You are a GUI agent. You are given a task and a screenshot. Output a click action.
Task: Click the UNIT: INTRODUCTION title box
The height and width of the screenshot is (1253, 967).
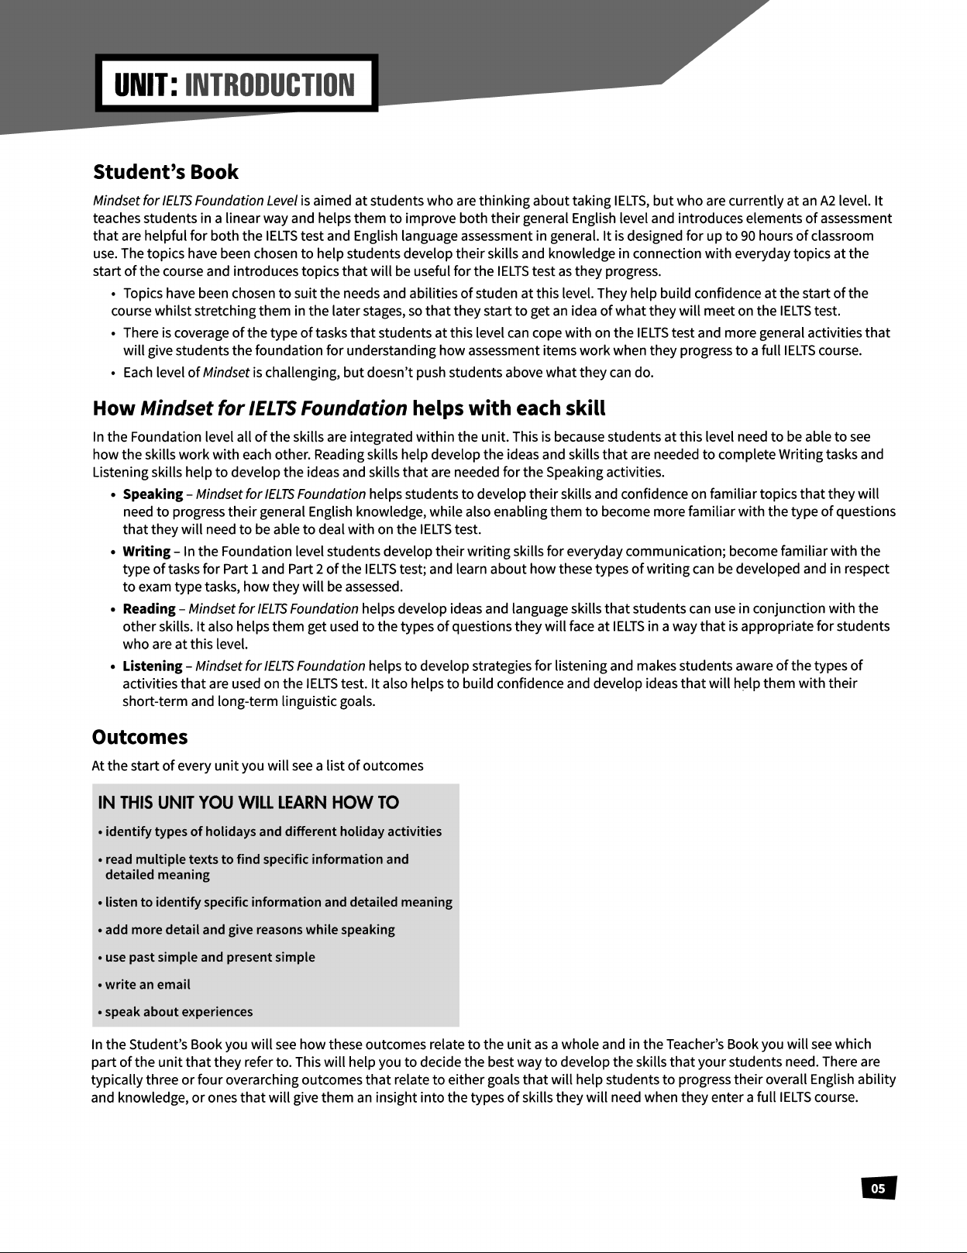(236, 83)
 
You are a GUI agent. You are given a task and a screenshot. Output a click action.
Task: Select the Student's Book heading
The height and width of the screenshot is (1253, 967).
(165, 172)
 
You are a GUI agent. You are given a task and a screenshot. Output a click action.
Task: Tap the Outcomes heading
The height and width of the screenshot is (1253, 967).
(139, 737)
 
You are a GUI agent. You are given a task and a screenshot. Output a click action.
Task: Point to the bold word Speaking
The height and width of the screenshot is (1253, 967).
(153, 494)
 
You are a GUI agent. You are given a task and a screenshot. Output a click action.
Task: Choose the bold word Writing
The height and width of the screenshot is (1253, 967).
(146, 552)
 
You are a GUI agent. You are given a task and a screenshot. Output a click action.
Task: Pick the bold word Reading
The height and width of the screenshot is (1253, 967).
(149, 609)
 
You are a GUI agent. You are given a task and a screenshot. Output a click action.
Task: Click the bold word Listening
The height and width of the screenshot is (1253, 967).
(153, 666)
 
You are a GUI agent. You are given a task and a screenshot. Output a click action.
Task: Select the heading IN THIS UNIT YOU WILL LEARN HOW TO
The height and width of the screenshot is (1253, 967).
(249, 803)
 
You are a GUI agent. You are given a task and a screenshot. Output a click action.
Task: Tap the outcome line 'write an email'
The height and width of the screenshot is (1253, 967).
(147, 985)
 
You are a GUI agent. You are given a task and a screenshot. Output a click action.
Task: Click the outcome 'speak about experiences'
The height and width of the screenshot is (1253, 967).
(178, 1012)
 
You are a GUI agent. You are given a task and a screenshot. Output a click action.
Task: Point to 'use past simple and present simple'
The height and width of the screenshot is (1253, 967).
(210, 958)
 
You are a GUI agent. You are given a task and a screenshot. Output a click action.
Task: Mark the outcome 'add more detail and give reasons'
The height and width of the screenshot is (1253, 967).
(249, 930)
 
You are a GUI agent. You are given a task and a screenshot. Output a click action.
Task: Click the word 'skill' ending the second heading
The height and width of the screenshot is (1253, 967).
(582, 408)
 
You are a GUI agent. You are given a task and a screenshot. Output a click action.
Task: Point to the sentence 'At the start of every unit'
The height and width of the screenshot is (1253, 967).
(257, 766)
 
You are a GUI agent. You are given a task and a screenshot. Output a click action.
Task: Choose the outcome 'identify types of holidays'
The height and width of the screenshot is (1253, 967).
(273, 832)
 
